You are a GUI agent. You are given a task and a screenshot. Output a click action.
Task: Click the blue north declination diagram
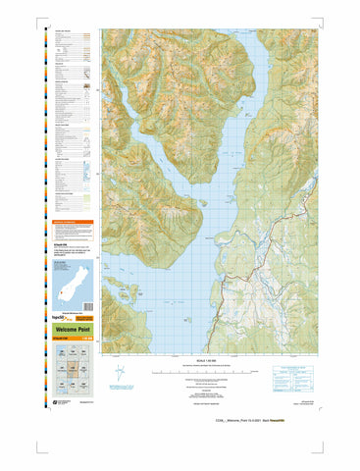(x=119, y=374)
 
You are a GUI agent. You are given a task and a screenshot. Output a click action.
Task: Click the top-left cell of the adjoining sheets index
(x=59, y=357)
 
